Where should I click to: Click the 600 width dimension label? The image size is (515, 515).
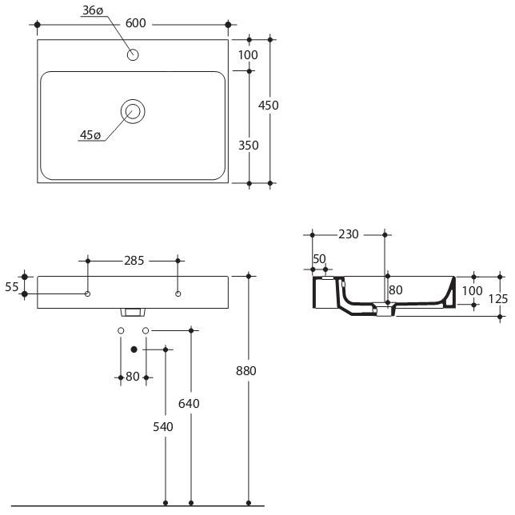coord(136,23)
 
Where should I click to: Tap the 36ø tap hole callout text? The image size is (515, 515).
coord(93,10)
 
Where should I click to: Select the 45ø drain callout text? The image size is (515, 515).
coord(90,135)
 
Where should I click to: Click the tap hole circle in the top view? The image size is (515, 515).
coord(133,54)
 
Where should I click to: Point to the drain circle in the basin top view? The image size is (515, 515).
coord(133,111)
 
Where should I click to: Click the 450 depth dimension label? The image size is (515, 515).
coord(269,106)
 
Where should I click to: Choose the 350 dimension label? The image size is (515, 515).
coord(248,146)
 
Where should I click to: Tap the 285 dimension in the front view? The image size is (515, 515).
coord(134,261)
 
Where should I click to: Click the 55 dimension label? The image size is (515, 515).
coord(12,287)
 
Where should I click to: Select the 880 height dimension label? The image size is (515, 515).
coord(246,371)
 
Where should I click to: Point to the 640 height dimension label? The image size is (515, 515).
coord(189,404)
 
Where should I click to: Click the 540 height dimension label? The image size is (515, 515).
coord(163,427)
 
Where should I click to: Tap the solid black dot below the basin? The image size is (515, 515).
coord(134,349)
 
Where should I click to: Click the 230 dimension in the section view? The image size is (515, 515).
coord(349,234)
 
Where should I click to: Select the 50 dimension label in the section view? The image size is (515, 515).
coord(319,259)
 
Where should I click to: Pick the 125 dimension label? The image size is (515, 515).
coord(498,299)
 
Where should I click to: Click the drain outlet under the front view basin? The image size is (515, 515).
coord(133,312)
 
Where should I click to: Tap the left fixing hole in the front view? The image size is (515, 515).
coord(87,293)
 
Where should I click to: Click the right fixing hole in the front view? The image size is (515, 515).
coord(178,293)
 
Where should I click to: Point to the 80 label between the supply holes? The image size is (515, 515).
coord(133,377)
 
